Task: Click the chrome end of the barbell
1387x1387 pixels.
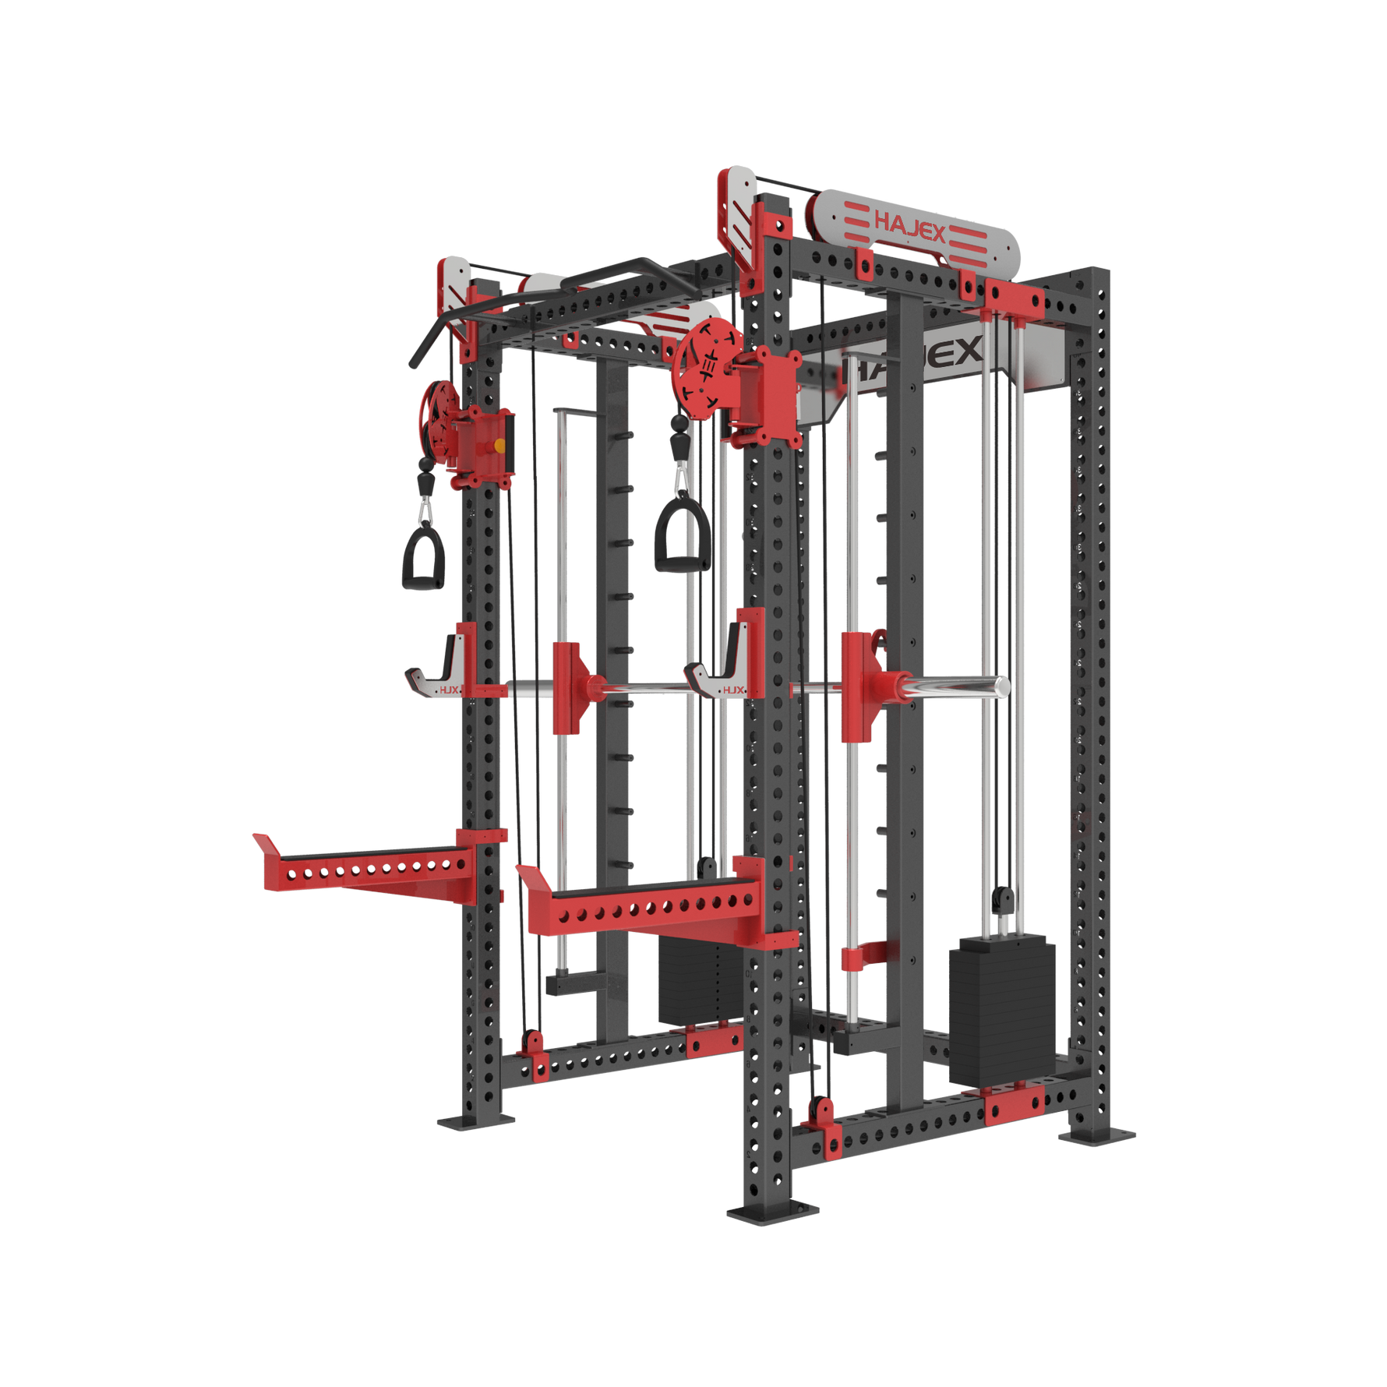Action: click(x=1001, y=686)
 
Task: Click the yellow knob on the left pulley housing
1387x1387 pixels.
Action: click(x=499, y=445)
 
